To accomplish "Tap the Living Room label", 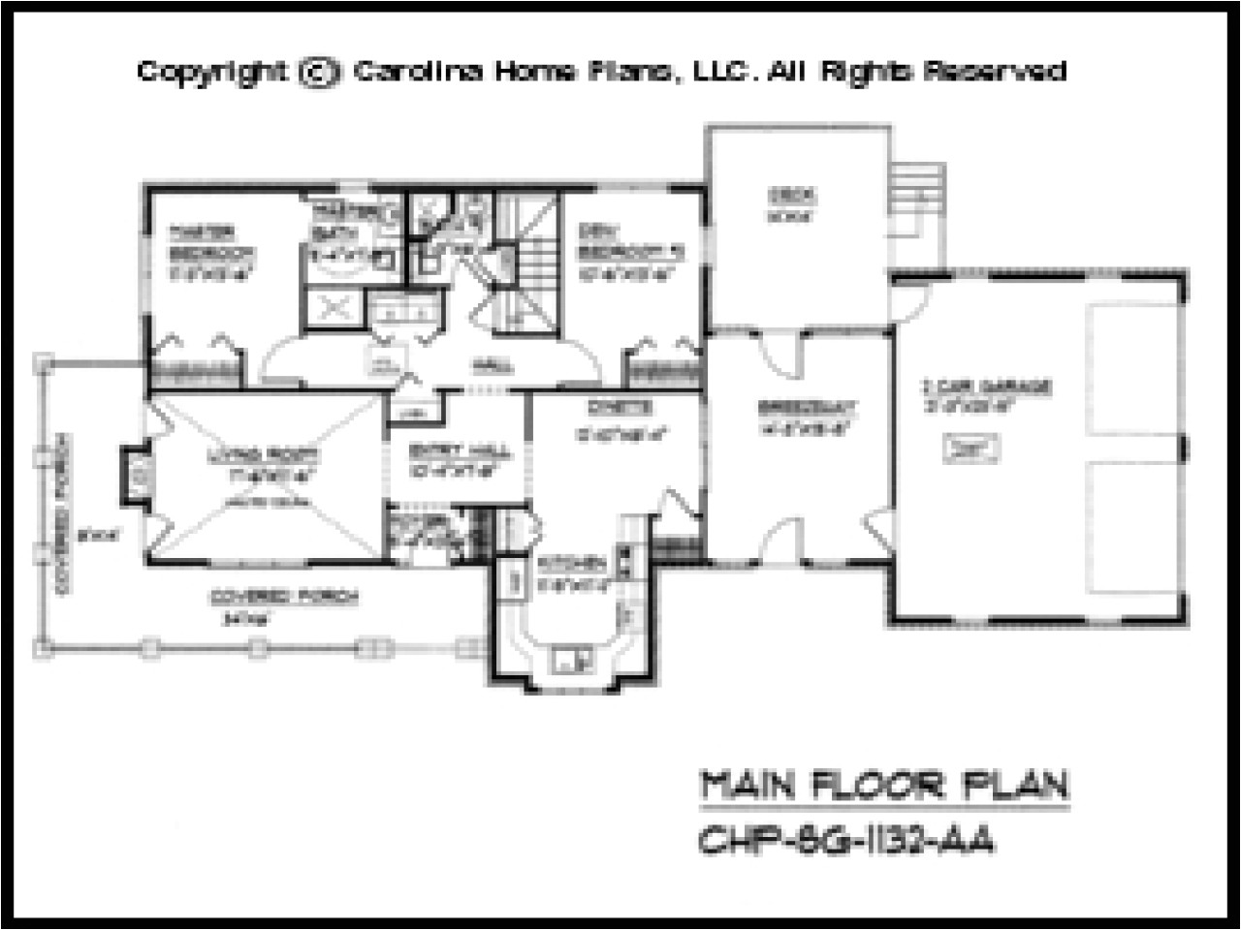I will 265,453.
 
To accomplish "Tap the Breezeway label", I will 798,407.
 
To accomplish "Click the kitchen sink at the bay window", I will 572,659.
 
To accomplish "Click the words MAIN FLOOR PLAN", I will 883,786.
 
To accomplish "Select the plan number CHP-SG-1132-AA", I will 845,840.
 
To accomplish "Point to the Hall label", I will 479,366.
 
